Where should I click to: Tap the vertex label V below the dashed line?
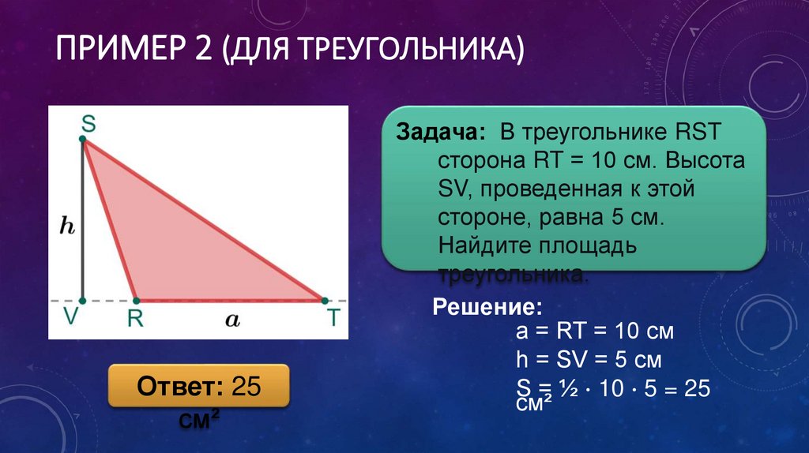71,318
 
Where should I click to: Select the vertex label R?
135,319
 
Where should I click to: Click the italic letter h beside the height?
67,226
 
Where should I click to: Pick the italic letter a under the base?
231,320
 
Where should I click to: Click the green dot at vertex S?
83,140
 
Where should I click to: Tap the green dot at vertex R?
136,301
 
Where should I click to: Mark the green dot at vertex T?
323,301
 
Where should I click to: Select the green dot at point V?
83,301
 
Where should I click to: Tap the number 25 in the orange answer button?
246,387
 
